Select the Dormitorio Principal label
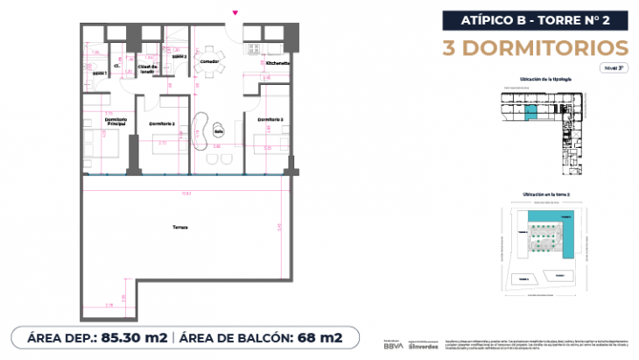click(116, 122)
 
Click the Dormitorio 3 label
click(270, 119)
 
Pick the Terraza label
click(179, 228)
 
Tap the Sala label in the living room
click(207, 133)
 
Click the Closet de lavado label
click(147, 69)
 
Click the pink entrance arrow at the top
click(234, 12)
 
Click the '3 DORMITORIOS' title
click(534, 46)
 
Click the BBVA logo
click(393, 345)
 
